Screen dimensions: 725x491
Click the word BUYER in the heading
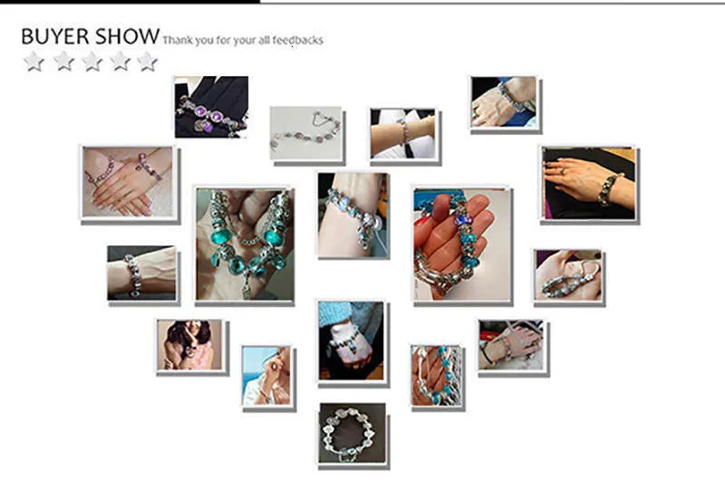coord(55,36)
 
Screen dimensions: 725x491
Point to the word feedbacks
coord(298,40)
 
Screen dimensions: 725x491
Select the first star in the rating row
coord(34,61)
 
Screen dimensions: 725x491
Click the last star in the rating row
coord(147,61)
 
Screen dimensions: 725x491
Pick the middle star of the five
coord(92,61)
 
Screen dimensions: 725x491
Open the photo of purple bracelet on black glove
coord(211,107)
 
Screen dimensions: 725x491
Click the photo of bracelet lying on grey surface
coord(305,133)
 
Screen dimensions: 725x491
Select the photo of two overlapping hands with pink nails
coord(128,182)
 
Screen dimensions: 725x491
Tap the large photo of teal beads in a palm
coord(244,245)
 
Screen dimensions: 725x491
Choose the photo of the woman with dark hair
coord(189,345)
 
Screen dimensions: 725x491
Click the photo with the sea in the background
coord(266,376)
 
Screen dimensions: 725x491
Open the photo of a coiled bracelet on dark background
coord(352,433)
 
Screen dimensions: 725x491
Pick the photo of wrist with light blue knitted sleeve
coord(351,341)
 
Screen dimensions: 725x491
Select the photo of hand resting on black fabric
coord(588,183)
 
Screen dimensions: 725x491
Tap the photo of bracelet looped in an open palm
coord(568,275)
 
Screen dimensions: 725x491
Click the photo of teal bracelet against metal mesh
coord(437,376)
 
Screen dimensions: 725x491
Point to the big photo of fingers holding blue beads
coord(461,245)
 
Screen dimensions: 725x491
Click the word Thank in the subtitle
coord(177,40)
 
